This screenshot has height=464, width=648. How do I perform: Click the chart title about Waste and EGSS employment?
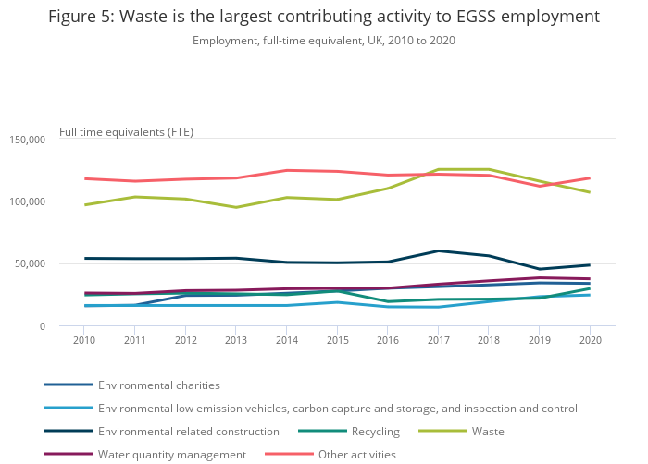324,17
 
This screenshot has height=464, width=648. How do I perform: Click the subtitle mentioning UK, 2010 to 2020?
324,41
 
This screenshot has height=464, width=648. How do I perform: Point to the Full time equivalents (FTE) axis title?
126,131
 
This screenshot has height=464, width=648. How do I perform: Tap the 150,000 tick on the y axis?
27,140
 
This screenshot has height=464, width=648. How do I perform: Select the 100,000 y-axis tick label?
27,201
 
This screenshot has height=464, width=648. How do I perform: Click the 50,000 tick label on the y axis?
30,264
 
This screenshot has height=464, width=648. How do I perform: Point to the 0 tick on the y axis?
41,326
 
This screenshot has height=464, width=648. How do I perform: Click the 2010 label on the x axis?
85,341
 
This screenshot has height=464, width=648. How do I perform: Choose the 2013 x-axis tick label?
236,341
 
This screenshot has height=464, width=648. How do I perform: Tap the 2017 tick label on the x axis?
438,341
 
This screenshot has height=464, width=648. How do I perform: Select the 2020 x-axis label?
590,341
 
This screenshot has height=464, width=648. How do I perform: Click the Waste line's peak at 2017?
438,169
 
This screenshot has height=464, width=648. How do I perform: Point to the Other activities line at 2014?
287,170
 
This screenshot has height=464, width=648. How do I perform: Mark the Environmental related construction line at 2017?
438,250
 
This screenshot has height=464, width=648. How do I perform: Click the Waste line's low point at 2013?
236,207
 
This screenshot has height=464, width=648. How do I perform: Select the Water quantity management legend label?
171,455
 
